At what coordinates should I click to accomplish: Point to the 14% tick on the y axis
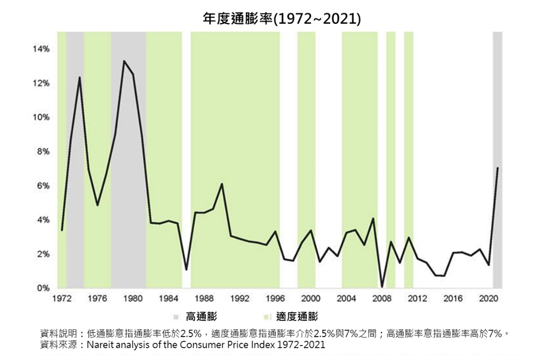coord(41,49)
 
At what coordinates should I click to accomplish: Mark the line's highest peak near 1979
coord(124,61)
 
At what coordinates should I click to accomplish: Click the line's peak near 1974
coord(79,77)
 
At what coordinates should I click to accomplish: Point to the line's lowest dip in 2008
coord(382,286)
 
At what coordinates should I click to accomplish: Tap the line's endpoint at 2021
coord(498,168)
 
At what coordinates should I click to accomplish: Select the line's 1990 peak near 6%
coord(222,184)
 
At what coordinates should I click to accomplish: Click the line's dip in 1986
coord(186,270)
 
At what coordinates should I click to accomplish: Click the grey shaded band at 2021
coord(498,96)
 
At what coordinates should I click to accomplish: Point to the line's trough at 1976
coord(98,205)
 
